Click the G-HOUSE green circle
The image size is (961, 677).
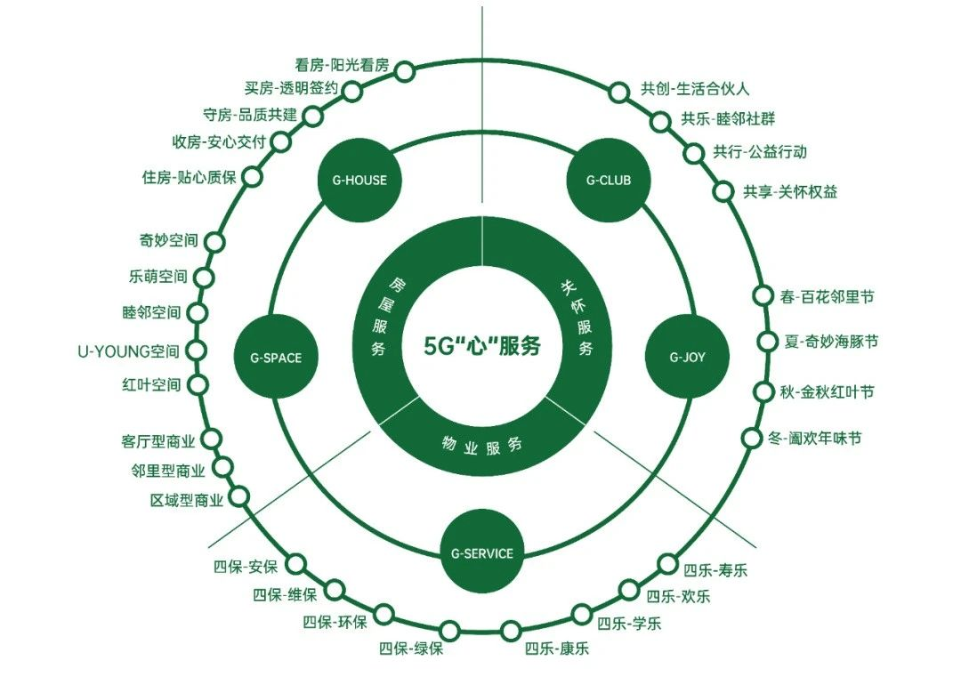[x=353, y=180]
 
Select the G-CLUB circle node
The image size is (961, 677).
[x=609, y=180]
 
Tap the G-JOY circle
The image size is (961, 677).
[x=686, y=358]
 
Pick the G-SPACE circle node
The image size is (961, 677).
[x=269, y=358]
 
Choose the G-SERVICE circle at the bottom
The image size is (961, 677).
[x=482, y=553]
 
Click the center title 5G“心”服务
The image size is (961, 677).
[x=482, y=345]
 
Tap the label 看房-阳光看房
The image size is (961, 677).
[x=342, y=65]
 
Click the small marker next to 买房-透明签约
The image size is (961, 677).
[x=352, y=91]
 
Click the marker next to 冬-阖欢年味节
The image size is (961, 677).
[x=752, y=438]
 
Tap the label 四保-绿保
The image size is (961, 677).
[x=410, y=648]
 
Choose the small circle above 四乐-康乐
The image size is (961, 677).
[x=511, y=632]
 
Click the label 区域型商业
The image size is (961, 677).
[x=188, y=501]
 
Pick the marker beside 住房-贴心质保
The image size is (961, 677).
[x=253, y=176]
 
